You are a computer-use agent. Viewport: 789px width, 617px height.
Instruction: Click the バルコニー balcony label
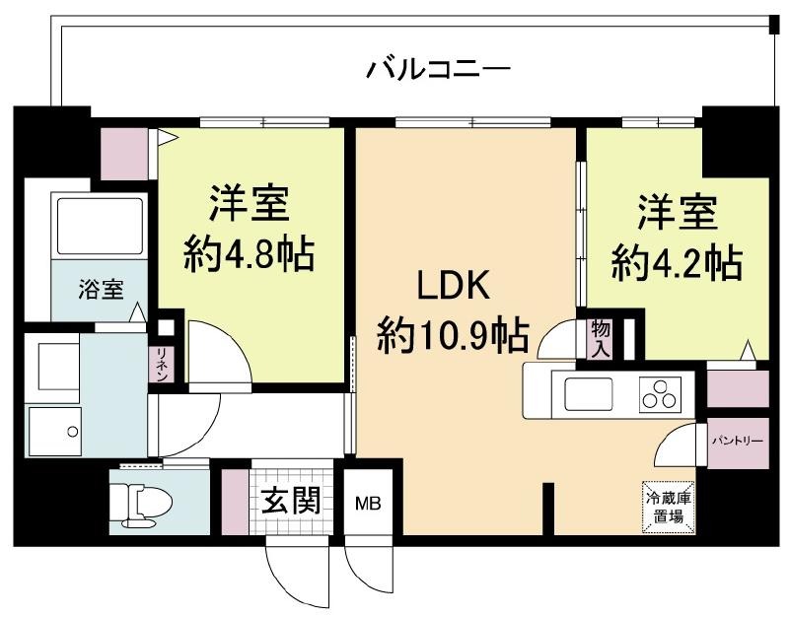pos(438,69)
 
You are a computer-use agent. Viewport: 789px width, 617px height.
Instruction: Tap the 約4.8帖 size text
pos(250,254)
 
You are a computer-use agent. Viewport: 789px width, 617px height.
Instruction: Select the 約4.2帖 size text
pos(677,262)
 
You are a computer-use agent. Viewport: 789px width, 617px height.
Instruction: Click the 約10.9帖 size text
pos(453,335)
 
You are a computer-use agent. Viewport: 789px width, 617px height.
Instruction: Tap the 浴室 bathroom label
pos(101,289)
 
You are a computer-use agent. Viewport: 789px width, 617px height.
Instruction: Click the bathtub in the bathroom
pos(100,227)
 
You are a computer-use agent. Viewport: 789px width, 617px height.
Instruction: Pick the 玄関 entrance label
pos(291,501)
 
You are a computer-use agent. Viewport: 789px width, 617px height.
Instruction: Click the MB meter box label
pos(368,503)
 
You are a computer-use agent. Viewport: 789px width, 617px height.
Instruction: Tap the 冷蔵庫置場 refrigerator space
pos(669,507)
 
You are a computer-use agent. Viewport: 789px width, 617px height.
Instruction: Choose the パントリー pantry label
pos(738,441)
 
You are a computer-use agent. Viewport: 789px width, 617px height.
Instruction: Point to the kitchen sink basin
pos(589,393)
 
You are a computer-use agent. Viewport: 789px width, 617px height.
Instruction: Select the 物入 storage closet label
pos(601,339)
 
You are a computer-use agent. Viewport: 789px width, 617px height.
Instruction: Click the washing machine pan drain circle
pos(73,432)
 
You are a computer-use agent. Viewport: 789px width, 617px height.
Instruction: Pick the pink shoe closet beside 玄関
pos(236,502)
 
